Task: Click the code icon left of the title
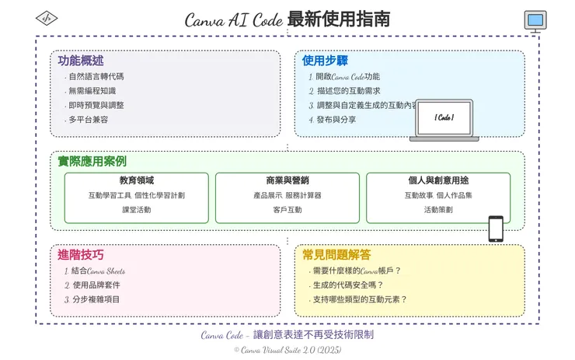(47, 17)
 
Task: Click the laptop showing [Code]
(444, 120)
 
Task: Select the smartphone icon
(495, 229)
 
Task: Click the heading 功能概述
(81, 61)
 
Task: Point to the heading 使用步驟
(326, 61)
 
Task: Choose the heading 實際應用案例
(92, 161)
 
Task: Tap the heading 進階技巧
(81, 254)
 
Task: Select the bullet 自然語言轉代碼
(96, 77)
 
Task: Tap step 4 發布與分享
(336, 120)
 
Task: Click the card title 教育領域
(137, 180)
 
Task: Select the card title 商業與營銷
(287, 180)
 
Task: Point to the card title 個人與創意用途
(438, 180)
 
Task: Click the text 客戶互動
(287, 210)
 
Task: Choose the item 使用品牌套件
(96, 285)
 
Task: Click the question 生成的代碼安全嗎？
(356, 285)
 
